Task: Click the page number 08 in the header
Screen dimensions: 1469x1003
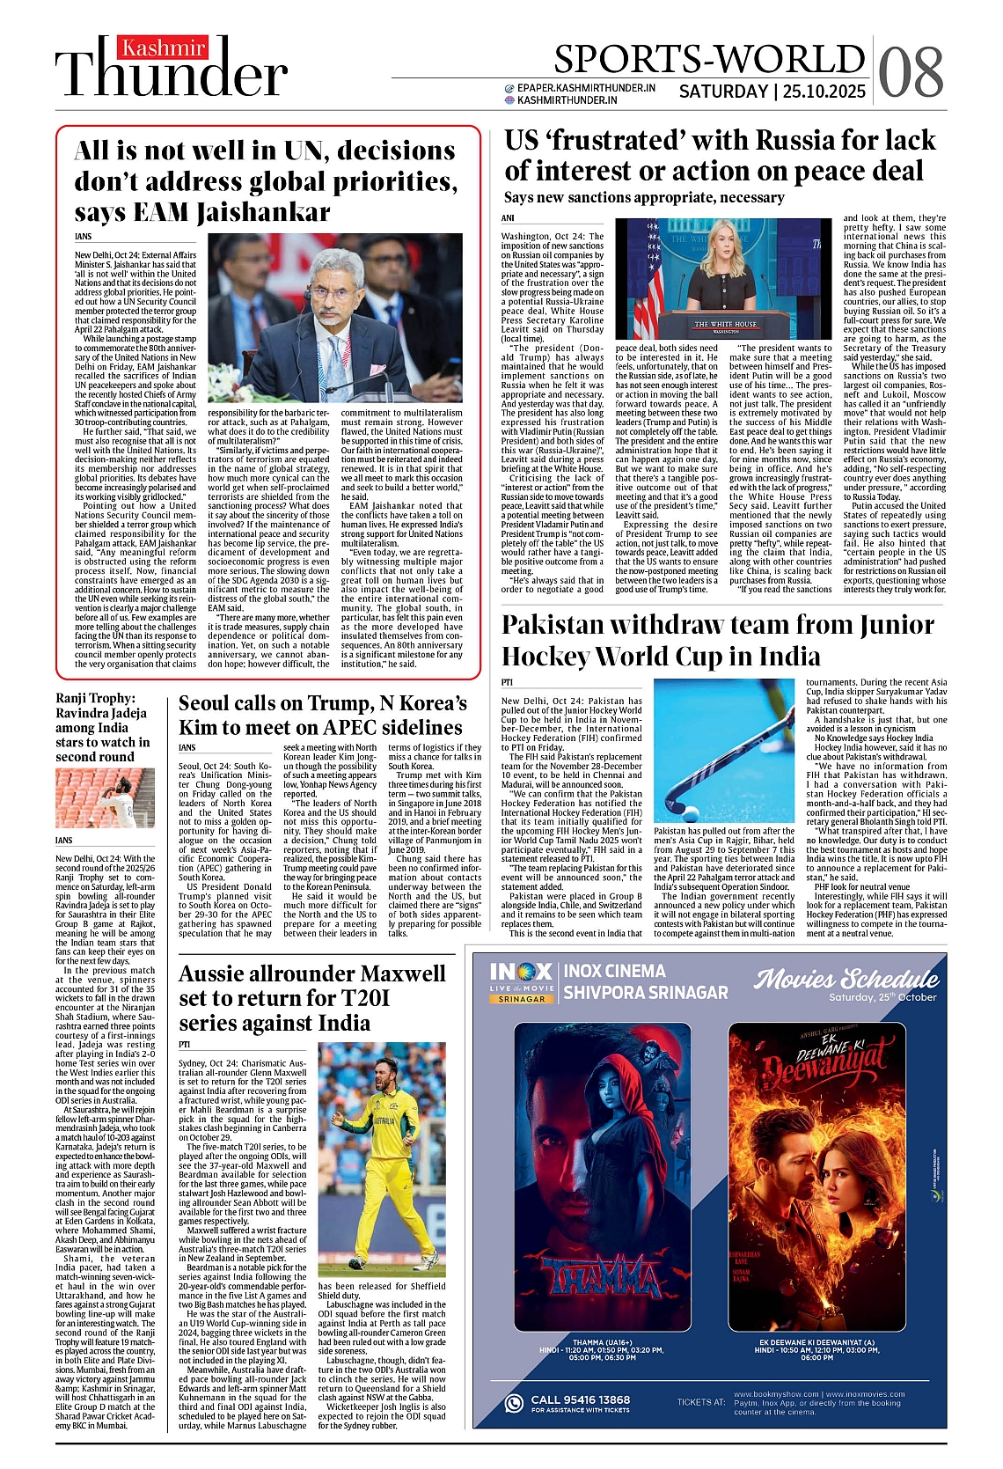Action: point(911,70)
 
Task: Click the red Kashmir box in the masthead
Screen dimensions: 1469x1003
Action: point(163,48)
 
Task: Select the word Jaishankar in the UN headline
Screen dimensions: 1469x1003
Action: point(263,213)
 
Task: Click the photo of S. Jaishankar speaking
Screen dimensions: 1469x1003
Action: point(335,317)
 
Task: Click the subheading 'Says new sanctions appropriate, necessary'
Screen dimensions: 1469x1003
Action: point(644,198)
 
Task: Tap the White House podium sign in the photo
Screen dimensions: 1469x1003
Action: point(725,325)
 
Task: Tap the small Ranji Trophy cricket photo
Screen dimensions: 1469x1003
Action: point(106,797)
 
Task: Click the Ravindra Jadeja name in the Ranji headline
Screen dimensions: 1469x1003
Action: point(101,713)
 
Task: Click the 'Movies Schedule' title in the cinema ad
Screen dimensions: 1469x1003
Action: point(846,979)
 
